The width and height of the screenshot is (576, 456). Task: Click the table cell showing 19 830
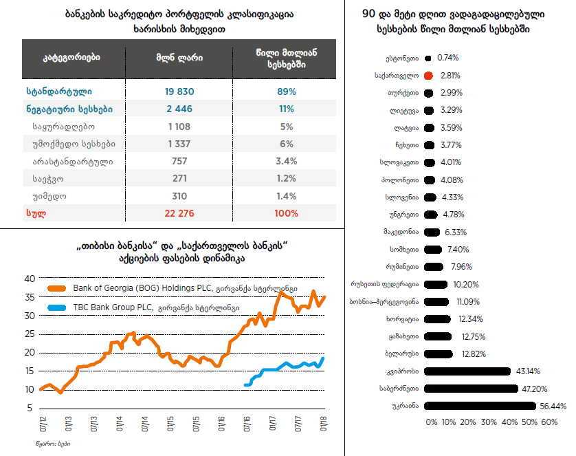click(x=179, y=91)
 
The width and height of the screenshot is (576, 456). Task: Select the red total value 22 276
click(x=179, y=213)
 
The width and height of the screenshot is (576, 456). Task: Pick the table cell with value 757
click(x=179, y=161)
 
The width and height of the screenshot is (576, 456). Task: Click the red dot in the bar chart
click(x=428, y=76)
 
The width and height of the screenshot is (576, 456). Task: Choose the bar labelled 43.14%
click(x=467, y=371)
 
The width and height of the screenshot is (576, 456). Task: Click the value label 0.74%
click(x=447, y=58)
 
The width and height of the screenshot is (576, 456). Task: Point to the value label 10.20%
click(x=466, y=284)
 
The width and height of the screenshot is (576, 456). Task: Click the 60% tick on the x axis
click(x=550, y=422)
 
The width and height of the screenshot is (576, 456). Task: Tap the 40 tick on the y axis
click(x=29, y=279)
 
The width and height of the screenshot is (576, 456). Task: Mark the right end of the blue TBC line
click(x=323, y=358)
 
